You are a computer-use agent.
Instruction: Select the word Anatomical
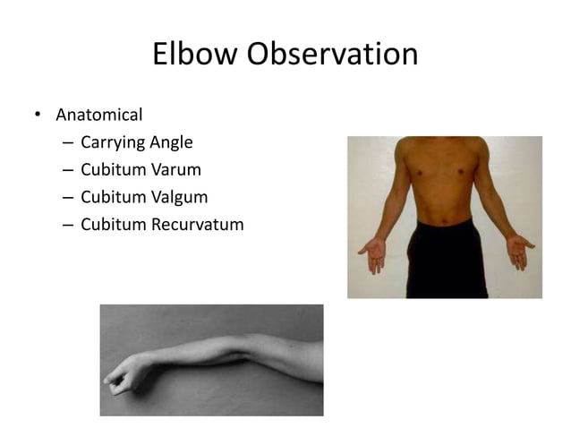(x=99, y=115)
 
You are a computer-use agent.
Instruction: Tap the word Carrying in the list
(x=112, y=142)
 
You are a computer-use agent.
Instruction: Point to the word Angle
(x=170, y=142)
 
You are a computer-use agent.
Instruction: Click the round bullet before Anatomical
(x=38, y=116)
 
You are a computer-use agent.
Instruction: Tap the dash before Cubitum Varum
(x=68, y=170)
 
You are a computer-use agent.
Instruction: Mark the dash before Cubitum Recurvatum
(x=68, y=225)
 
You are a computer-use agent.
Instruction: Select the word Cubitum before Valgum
(x=111, y=196)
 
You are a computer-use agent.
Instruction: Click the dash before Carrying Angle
(x=68, y=143)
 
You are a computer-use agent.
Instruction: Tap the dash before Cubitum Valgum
(x=68, y=197)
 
